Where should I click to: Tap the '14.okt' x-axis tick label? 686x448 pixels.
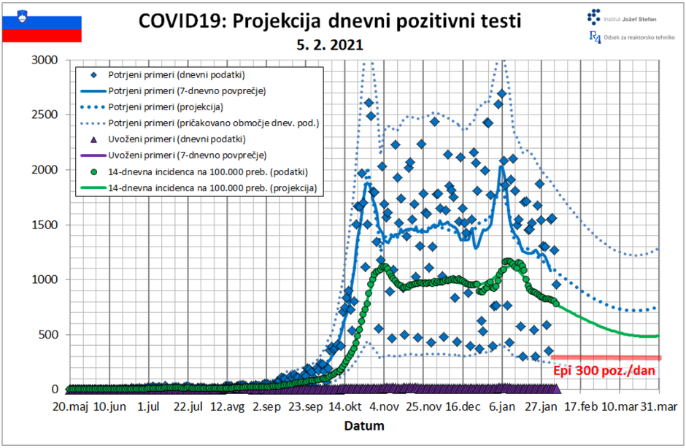pos(345,407)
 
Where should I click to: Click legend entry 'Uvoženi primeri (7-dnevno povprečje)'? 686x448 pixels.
pos(187,155)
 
